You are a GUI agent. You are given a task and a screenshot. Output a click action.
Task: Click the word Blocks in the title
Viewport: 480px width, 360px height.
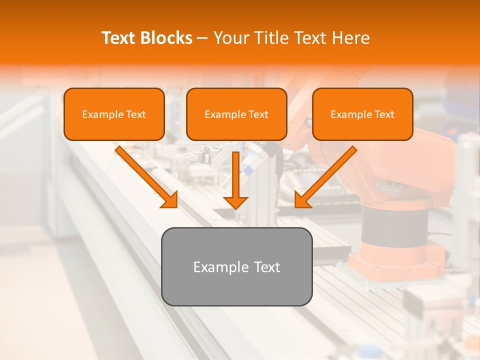(x=167, y=38)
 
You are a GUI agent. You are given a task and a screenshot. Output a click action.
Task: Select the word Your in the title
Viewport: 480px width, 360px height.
(x=230, y=38)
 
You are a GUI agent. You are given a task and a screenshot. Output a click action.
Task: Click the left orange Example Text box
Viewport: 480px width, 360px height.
(x=114, y=114)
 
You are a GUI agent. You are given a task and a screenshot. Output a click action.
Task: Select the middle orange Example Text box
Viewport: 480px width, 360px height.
(x=236, y=114)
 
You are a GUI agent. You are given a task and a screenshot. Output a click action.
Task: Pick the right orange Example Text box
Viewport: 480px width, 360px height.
(x=362, y=114)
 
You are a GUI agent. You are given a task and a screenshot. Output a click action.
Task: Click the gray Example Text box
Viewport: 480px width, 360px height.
(x=236, y=267)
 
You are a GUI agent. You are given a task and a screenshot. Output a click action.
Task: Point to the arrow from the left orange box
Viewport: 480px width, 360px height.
(x=145, y=175)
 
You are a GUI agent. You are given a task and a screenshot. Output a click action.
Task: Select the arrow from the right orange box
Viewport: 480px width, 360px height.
(x=327, y=175)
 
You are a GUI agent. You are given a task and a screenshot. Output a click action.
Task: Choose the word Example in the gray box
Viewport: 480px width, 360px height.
(x=221, y=267)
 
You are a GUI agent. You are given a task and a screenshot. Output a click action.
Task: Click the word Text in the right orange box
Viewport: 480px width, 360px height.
(x=384, y=114)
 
